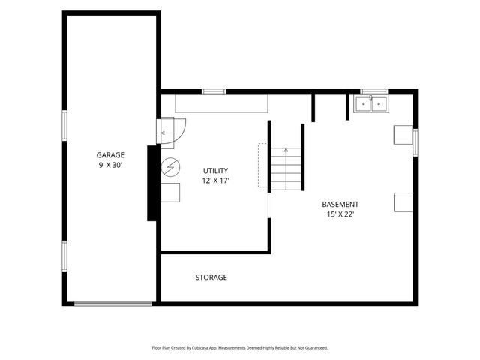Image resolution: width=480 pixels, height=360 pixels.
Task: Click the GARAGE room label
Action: [110, 155]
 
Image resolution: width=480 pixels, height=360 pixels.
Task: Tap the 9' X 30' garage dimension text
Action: [110, 166]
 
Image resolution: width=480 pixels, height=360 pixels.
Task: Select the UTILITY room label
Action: [215, 171]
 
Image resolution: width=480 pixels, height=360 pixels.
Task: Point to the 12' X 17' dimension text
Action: [215, 181]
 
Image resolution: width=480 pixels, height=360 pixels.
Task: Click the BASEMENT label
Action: [340, 205]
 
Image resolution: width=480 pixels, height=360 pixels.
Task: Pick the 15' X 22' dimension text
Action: [340, 214]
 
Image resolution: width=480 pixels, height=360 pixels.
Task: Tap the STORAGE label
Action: [211, 277]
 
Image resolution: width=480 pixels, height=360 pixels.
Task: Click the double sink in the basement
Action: [371, 103]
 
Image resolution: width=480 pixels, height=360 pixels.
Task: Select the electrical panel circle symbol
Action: [170, 167]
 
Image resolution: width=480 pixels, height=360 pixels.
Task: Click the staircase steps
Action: [286, 169]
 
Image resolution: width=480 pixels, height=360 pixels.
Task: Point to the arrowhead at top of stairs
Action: [286, 150]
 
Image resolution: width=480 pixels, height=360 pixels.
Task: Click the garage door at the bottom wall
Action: [113, 304]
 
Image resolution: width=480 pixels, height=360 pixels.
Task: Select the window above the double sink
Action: [374, 91]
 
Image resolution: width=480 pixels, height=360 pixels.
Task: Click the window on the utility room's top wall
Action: [214, 91]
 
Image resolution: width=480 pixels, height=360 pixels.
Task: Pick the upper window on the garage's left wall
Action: [64, 126]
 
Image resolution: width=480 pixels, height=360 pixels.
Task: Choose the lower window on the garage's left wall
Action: [64, 256]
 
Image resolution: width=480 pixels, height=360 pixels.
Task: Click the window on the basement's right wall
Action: [415, 142]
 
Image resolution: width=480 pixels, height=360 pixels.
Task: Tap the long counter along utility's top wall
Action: [222, 103]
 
